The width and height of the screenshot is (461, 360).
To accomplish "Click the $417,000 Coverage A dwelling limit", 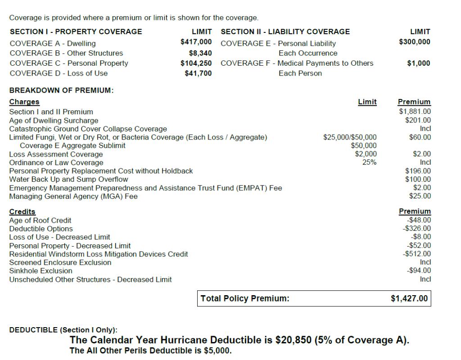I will [x=196, y=42].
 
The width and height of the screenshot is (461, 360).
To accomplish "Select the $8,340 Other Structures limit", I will [x=200, y=53].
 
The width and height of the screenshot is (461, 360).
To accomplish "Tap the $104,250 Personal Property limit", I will [x=196, y=63].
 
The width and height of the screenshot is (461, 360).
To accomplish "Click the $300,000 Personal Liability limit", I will [x=414, y=42].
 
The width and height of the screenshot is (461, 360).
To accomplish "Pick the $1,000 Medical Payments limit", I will [x=418, y=63].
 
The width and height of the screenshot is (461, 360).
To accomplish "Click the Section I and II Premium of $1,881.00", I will [x=415, y=111].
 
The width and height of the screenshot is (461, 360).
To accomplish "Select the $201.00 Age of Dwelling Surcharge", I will [x=418, y=120].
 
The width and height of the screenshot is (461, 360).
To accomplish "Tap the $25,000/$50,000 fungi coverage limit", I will [x=350, y=137].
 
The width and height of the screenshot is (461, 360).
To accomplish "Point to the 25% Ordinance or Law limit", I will [x=369, y=162].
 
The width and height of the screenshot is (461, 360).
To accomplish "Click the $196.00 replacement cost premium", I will [x=418, y=171].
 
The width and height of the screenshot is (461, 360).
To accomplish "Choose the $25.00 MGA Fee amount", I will [x=420, y=196].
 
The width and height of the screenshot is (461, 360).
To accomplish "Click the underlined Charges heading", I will [x=24, y=102].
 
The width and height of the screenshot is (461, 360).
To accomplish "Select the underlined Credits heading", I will [x=22, y=211].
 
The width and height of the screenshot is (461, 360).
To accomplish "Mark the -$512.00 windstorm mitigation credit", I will [x=416, y=254].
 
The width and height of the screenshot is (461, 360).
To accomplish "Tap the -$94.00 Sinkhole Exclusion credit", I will [x=419, y=270].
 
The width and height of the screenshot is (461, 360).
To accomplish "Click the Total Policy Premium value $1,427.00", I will [x=409, y=298].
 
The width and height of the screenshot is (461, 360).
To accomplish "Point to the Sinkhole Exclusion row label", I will [x=41, y=271].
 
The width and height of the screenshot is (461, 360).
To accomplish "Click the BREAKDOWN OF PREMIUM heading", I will [x=61, y=90].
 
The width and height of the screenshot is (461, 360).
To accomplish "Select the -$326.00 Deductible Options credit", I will [x=416, y=229].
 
